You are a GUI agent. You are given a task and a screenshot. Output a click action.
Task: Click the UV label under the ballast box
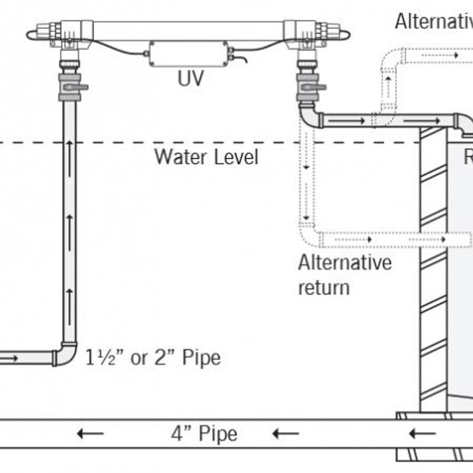190,78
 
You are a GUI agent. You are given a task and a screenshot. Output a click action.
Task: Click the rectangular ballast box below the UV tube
189,54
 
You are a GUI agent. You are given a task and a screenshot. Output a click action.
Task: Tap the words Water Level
206,157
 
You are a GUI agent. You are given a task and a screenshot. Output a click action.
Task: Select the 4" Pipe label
204,434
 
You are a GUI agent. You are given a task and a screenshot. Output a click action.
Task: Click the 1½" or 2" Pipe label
153,358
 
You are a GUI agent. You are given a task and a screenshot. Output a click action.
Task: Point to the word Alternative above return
345,262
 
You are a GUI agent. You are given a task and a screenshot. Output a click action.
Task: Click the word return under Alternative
324,287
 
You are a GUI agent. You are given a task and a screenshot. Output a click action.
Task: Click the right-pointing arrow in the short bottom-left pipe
10,358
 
